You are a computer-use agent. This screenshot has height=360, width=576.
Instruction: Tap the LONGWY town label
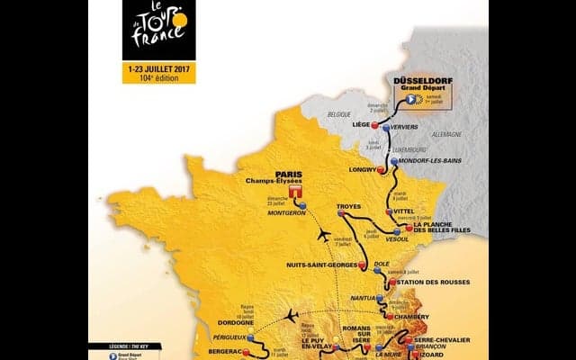pos(362,168)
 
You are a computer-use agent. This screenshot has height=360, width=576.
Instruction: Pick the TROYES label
pos(348,206)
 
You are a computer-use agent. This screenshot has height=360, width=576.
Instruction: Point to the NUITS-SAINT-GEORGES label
pos(321,265)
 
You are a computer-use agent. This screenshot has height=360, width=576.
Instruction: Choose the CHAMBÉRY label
pos(417,317)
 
